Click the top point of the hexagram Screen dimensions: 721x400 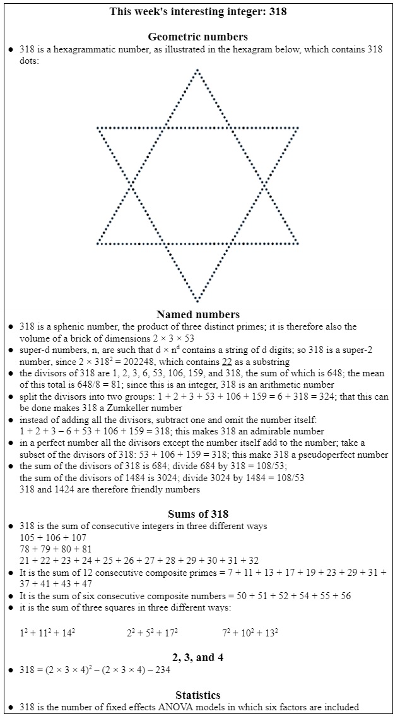coord(197,70)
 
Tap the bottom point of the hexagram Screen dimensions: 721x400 coord(197,301)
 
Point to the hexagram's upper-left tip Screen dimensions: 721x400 coord(98,128)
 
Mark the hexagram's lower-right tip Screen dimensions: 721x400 coord(297,243)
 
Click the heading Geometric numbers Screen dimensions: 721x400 coord(197,37)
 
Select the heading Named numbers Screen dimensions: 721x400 coord(197,314)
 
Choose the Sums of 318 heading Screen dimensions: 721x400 coord(197,513)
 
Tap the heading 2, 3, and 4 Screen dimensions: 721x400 coord(197,657)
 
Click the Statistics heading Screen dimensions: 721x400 coord(197,694)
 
